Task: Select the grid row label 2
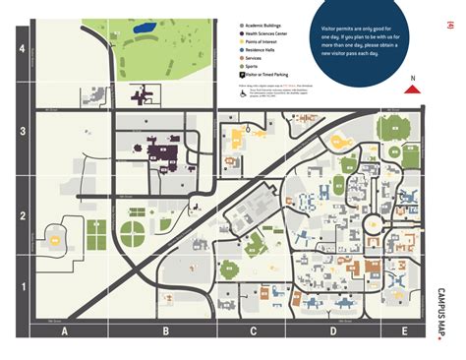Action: [x=24, y=218]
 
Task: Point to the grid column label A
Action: [x=64, y=331]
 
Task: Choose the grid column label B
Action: [x=165, y=331]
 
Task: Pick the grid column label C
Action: [x=254, y=331]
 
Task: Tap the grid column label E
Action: [x=404, y=331]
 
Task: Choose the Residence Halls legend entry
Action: [x=262, y=52]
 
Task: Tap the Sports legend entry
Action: [x=255, y=67]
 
